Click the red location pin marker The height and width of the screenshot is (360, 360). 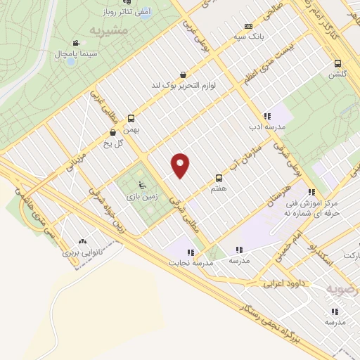(181, 165)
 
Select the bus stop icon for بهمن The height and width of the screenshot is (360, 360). (131, 118)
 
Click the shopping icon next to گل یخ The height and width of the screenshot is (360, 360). (112, 131)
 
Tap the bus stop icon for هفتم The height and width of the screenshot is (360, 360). (219, 178)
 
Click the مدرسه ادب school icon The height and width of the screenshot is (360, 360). (266, 117)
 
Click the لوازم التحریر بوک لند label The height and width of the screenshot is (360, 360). (184, 86)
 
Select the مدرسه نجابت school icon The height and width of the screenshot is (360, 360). (190, 251)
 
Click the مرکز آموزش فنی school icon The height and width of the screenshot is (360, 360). (311, 192)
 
